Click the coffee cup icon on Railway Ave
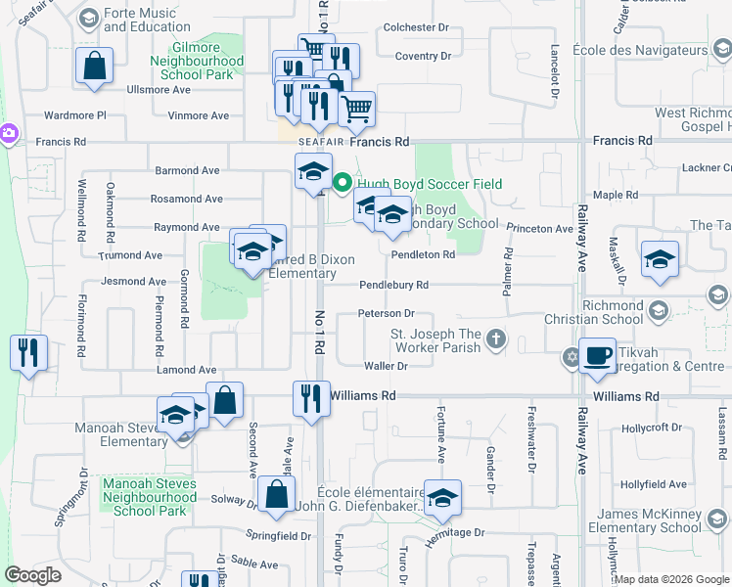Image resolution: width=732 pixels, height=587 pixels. (x=597, y=355)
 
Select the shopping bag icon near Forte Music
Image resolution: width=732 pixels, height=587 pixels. (x=95, y=68)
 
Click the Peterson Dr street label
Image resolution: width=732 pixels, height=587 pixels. (x=387, y=314)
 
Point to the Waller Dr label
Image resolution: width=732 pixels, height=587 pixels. (x=385, y=366)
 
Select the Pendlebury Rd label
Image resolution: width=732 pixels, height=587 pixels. (x=393, y=286)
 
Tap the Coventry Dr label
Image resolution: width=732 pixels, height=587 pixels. (x=424, y=57)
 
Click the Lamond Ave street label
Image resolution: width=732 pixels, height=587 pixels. (x=186, y=370)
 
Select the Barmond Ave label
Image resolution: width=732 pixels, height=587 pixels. (x=186, y=170)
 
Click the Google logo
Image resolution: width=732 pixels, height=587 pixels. (x=33, y=576)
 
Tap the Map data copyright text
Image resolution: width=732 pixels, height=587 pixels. (x=671, y=579)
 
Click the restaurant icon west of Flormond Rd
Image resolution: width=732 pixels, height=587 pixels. (x=26, y=352)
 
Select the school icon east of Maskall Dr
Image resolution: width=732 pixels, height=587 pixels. (x=661, y=259)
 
